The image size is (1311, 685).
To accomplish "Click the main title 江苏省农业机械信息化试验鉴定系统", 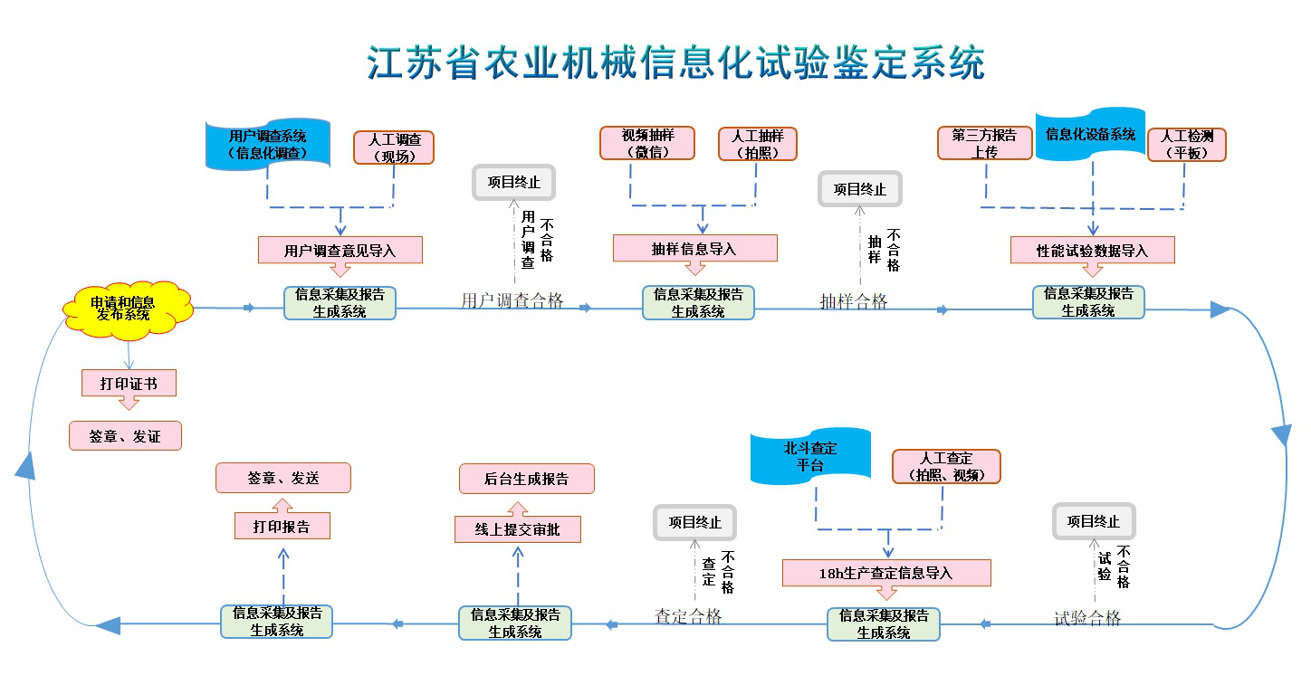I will pos(675,62).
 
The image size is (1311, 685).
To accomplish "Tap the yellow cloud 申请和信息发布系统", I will pos(126,309).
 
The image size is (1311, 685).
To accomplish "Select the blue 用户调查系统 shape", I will pos(268,145).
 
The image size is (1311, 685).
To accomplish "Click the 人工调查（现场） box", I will pos(394,147).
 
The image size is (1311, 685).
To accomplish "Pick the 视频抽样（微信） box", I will pos(646,143).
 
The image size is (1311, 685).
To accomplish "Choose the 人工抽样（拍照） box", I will pos(758,143).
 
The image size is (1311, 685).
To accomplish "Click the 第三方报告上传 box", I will pos(984,143).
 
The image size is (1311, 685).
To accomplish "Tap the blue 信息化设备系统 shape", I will pos(1090,136).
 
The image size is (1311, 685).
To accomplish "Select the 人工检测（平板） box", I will pos(1186,145).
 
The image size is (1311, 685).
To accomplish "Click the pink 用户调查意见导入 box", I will pos(340,250).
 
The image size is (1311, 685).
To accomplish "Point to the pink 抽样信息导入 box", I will pos(694,248).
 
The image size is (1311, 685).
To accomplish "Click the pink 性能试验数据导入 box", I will pos(1092,250).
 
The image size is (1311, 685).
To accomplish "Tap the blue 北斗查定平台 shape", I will pos(810,456).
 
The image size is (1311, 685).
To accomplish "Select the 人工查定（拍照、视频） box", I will pos(946,466).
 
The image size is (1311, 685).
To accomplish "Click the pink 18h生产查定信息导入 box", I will pos(886,573).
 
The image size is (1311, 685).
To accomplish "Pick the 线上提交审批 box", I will pos(517,529).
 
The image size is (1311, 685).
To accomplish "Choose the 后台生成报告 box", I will pos(526,479).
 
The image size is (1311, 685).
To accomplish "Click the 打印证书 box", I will pos(129,384).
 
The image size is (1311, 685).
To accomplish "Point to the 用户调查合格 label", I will pos(512,301).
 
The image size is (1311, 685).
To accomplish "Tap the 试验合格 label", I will pos(1087,618).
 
